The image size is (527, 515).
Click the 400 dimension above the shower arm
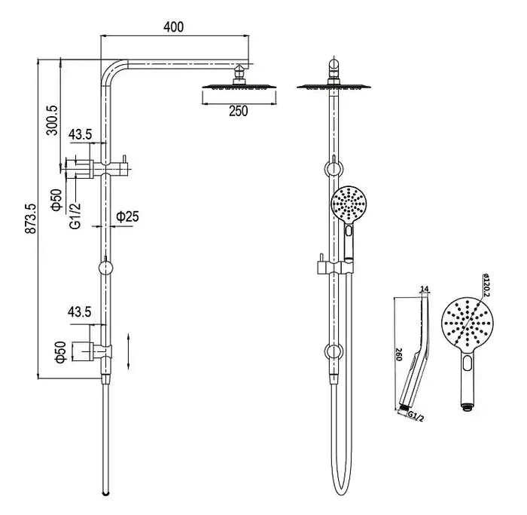coord(174,27)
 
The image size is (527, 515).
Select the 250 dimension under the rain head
coord(238,112)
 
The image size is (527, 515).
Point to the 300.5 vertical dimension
coord(52,119)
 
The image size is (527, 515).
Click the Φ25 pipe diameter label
coord(126,216)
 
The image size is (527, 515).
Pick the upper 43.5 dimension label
coord(81,135)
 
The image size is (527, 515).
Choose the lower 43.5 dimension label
coord(81,311)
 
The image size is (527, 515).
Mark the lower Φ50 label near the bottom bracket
coord(57,353)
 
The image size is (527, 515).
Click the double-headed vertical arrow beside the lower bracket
coord(131,348)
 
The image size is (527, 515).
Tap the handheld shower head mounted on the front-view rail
coord(349,202)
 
